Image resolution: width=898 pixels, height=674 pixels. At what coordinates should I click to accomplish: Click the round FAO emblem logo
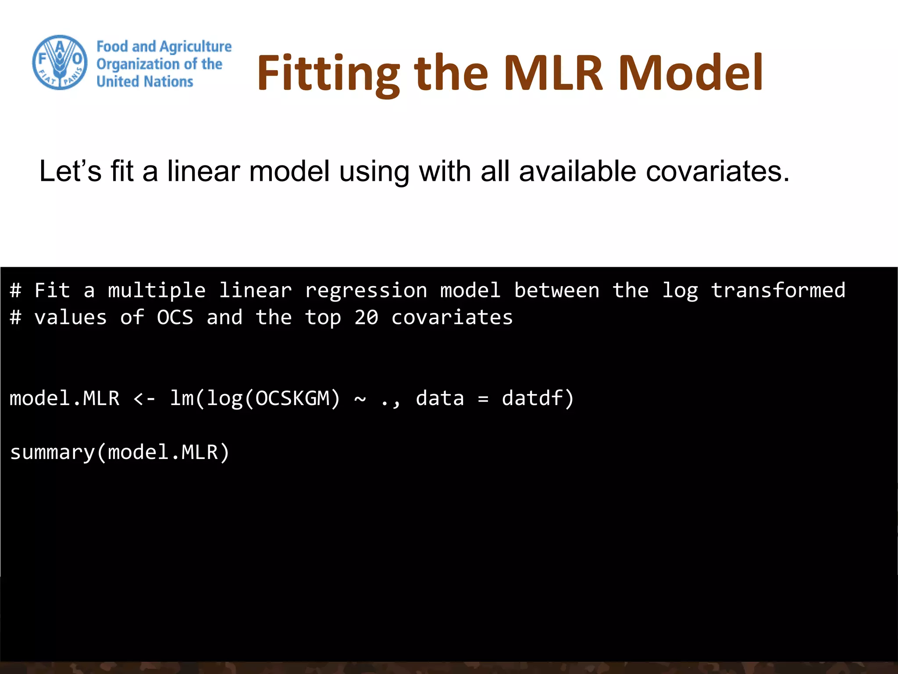[x=60, y=62]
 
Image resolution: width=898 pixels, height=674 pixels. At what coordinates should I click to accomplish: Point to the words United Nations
[x=145, y=82]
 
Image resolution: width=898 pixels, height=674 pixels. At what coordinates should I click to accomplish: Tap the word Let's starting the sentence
[x=70, y=171]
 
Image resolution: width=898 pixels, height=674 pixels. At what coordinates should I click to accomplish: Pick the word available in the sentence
[x=577, y=171]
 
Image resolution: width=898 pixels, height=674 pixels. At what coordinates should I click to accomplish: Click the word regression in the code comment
[x=366, y=290]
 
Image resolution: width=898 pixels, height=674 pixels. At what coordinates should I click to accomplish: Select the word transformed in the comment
[x=778, y=290]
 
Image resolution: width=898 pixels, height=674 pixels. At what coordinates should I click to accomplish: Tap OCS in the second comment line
[x=175, y=317]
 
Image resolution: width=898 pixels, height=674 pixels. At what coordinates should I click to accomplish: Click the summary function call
[x=119, y=452]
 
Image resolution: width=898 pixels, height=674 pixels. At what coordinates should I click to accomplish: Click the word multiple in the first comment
[x=157, y=290]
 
